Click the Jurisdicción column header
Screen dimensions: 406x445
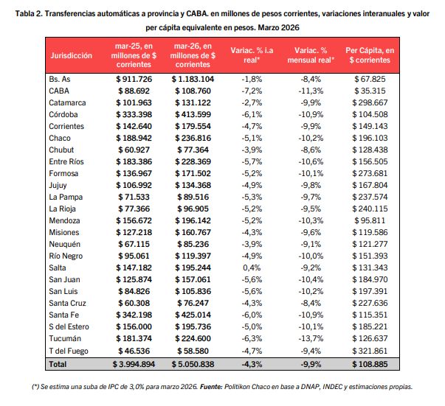71,55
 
